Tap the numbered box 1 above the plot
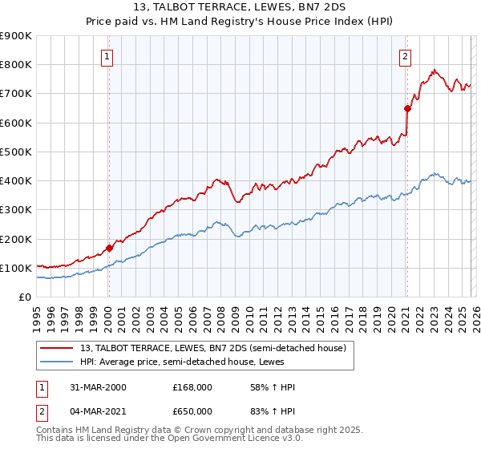tap(107, 56)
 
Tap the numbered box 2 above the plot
tap(406, 56)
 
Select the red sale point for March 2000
tap(110, 249)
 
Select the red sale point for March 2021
tap(407, 108)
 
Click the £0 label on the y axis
tap(25, 297)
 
